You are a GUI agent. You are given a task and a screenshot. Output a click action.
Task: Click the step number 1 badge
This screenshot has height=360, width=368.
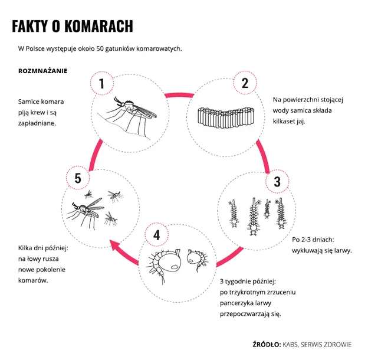[102, 83]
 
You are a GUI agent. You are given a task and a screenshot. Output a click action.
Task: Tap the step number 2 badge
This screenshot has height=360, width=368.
[245, 83]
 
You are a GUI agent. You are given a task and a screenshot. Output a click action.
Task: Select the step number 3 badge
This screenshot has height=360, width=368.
[277, 181]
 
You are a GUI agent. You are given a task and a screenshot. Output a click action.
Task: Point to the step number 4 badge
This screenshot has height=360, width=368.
[156, 235]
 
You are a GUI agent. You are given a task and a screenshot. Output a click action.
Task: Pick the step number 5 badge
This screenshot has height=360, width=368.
[78, 178]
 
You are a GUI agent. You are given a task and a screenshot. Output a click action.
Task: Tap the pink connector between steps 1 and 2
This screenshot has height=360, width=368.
[179, 94]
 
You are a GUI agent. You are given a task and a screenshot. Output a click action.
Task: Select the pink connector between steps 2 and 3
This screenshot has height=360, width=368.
[264, 156]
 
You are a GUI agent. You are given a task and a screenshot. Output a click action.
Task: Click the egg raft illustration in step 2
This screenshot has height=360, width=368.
[226, 117]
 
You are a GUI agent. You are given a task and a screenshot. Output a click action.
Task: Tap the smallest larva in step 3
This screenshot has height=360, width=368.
[267, 208]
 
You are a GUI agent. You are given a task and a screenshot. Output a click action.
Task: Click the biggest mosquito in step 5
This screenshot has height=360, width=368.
[86, 212]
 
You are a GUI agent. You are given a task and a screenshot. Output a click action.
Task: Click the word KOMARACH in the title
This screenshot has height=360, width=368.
[98, 26]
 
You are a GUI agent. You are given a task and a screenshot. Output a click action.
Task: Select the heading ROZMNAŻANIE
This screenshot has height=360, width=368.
[42, 71]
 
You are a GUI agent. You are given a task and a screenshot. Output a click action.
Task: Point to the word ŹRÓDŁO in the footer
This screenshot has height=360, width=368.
[267, 344]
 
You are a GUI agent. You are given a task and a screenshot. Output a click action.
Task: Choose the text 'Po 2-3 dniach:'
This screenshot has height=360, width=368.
[313, 240]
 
